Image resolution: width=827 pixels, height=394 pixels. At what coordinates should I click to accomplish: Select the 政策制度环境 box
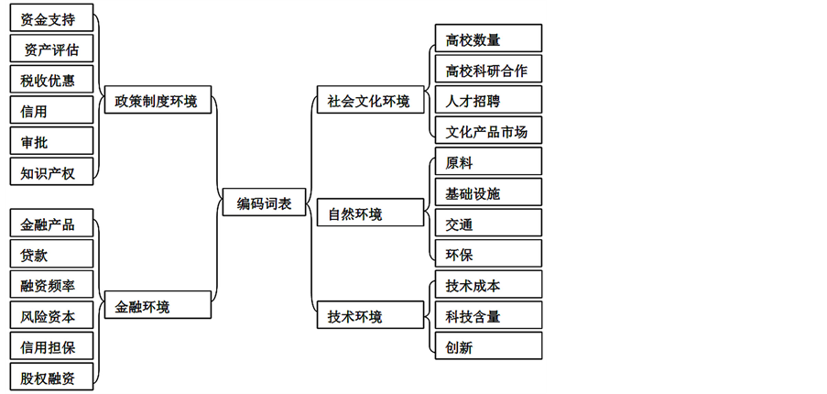coord(157,100)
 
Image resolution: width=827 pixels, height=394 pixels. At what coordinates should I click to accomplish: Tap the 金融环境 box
coord(157,307)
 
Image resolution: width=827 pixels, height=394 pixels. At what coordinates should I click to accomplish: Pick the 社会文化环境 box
coord(369,100)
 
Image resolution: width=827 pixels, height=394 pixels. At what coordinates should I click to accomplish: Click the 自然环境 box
coord(369,214)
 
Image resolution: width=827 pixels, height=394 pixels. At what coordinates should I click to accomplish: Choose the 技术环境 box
coord(369,317)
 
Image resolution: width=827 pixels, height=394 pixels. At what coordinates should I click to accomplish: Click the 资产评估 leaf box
coord(51,49)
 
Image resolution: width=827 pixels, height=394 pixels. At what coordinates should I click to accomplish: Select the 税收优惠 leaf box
coord(51,80)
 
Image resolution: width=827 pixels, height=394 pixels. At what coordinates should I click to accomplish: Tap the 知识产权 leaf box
coord(51,171)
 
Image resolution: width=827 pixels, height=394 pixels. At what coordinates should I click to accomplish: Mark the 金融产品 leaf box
coord(51,224)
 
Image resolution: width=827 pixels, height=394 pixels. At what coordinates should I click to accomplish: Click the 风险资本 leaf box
coord(51,317)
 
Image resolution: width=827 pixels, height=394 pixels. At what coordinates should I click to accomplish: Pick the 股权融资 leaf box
coord(51,377)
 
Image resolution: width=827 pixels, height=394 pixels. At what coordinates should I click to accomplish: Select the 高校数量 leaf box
coord(487,38)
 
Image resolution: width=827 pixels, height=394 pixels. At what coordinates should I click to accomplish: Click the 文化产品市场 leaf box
coord(487,131)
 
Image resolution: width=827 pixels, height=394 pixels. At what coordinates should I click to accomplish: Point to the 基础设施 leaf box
coord(487,193)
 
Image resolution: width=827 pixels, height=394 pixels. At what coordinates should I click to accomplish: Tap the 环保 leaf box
coord(487,255)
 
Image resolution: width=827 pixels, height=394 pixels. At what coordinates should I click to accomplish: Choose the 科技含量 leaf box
coord(487,316)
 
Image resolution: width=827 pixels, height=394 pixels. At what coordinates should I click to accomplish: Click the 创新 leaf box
coord(487,347)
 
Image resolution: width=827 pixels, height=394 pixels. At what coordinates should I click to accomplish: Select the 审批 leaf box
coord(51,141)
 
